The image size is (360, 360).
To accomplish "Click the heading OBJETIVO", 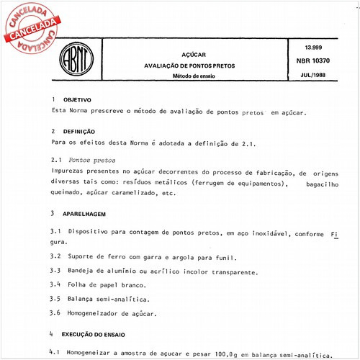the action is (78, 99).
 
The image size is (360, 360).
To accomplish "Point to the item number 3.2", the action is (55, 257).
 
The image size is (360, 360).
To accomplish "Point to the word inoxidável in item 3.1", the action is (268, 235).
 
